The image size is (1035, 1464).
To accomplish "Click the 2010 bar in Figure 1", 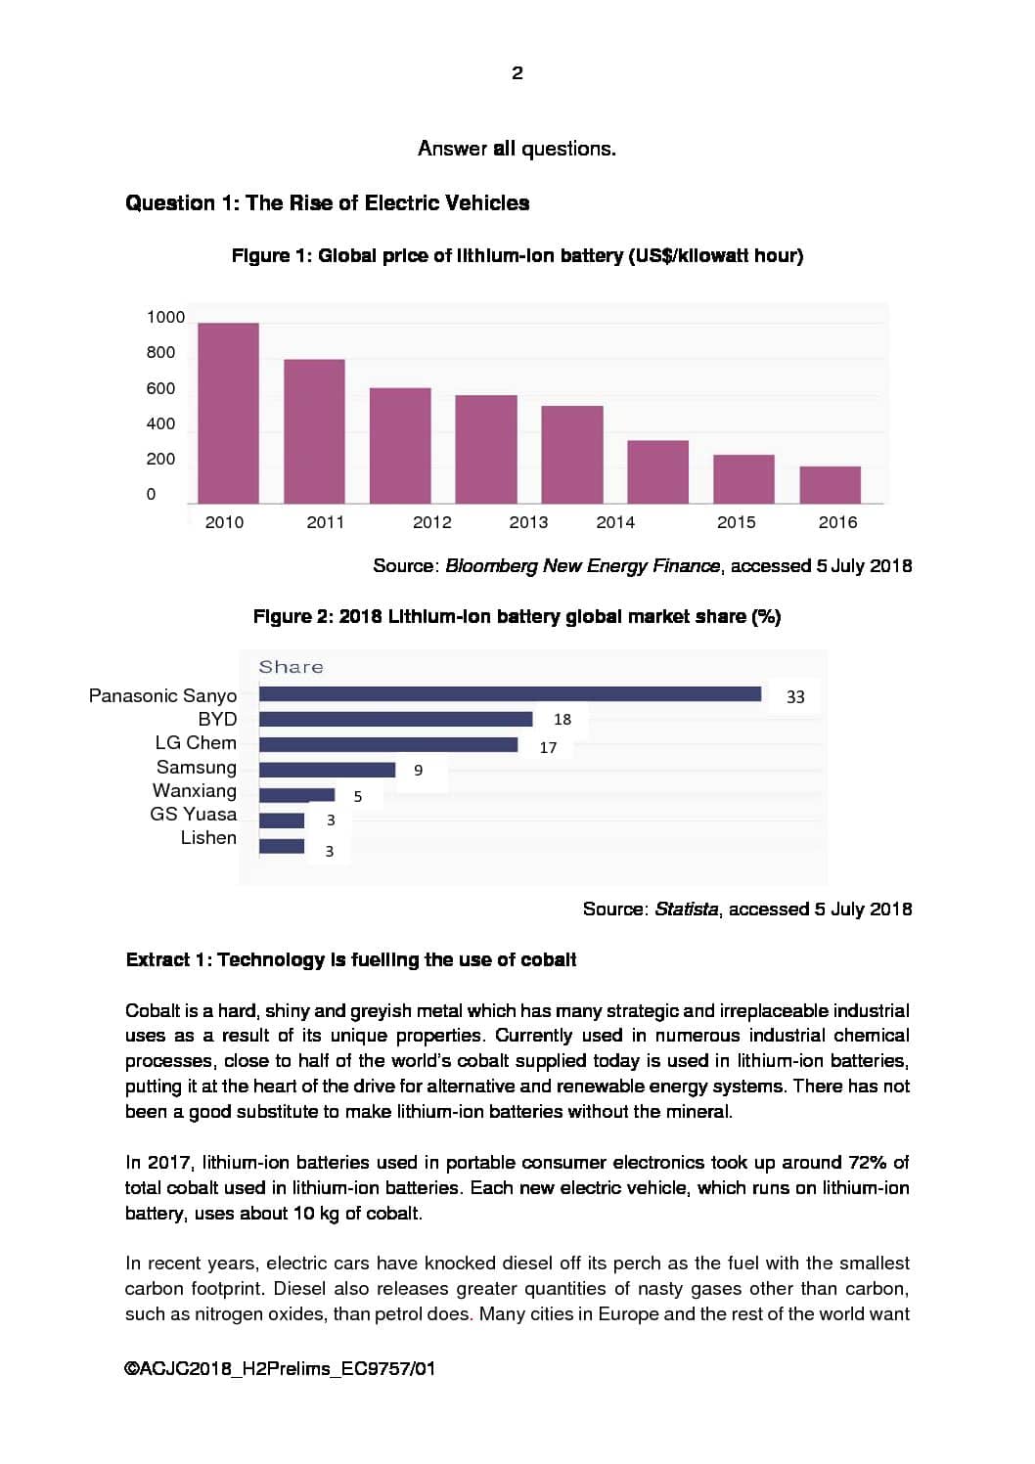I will click(228, 413).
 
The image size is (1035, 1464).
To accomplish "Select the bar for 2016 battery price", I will click(830, 485).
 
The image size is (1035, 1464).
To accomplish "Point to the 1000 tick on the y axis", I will click(165, 317).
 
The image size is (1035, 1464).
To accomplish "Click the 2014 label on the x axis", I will click(615, 522).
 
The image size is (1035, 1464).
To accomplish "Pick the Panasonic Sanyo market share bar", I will click(510, 694).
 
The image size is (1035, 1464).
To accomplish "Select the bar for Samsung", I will click(327, 770).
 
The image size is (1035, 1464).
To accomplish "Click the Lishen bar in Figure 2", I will click(282, 846).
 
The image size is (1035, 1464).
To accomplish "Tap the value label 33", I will click(795, 696).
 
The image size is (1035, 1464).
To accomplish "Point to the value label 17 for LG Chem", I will click(548, 747).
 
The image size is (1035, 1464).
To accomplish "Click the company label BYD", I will click(217, 719).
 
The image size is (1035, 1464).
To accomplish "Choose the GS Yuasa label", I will click(193, 814).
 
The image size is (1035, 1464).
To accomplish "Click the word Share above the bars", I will click(291, 667).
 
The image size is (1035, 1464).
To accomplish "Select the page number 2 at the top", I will click(517, 73).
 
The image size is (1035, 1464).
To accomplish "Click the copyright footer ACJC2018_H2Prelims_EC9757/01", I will click(280, 1368).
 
